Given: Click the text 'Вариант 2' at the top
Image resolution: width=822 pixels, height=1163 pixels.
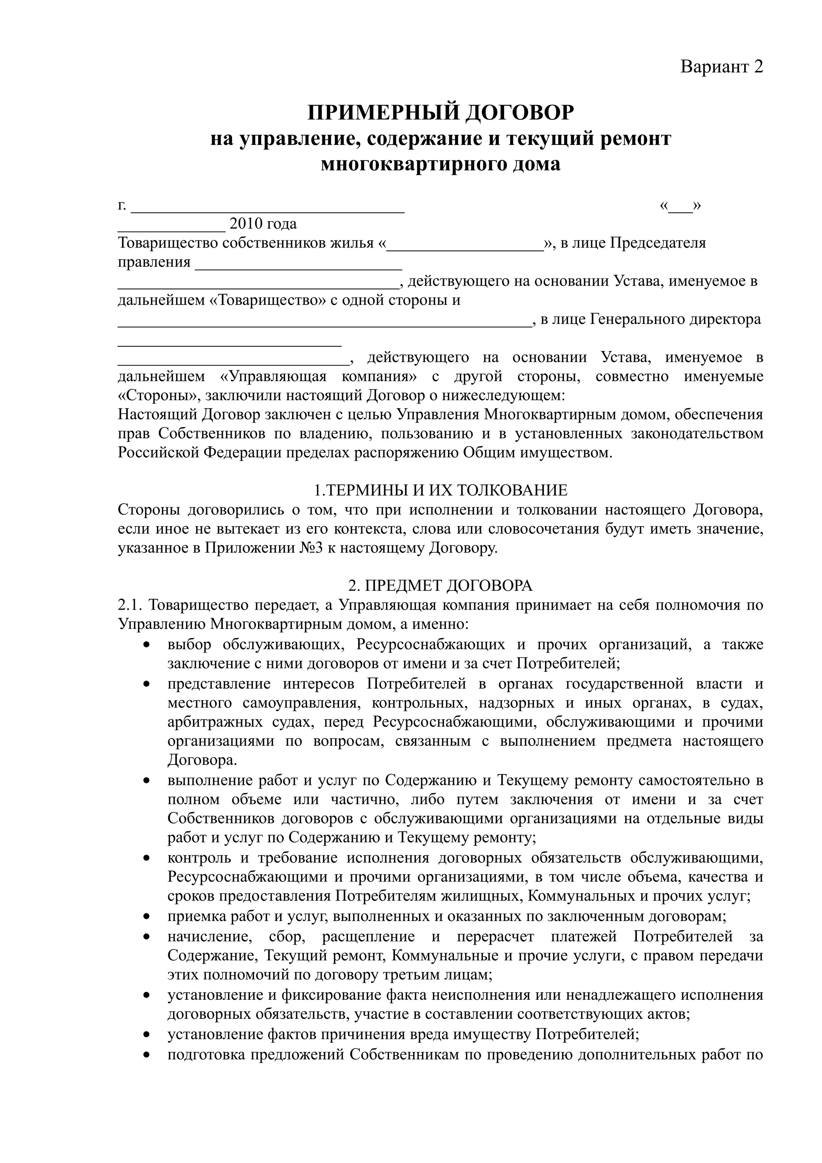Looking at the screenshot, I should (x=721, y=66).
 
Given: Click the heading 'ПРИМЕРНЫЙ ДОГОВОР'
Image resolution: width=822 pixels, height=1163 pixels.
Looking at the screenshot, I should (x=441, y=112).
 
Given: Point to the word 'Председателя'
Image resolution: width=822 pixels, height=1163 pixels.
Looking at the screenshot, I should (x=657, y=243).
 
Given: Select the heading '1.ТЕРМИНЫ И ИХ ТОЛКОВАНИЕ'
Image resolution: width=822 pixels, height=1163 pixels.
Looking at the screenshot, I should (x=440, y=491).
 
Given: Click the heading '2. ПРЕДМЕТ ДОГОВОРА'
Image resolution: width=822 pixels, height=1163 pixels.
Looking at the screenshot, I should (x=440, y=586).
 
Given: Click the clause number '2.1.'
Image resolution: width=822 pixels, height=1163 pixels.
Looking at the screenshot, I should (x=131, y=605).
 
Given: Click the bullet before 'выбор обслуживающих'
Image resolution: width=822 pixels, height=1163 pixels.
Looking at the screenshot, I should (x=147, y=645).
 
